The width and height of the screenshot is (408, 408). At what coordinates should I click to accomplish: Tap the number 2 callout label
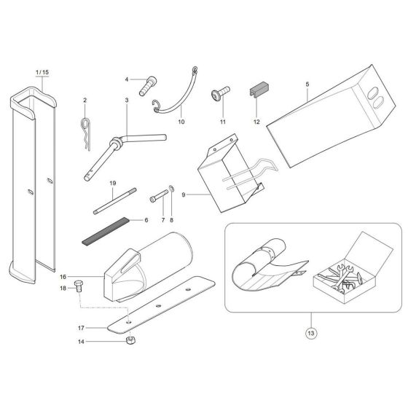85,100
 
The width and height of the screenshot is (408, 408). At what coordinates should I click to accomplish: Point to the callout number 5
307,85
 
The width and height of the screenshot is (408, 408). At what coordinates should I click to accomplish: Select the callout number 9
164,195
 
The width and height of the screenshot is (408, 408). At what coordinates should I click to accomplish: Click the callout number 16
63,278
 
